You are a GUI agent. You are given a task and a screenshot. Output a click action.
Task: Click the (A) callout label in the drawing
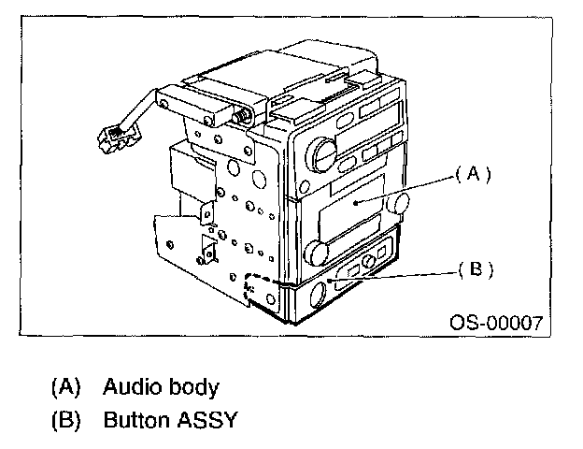pos(473,174)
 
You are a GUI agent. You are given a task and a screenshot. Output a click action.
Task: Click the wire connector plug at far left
pos(114,140)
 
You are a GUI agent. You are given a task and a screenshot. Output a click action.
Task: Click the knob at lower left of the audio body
pos(315,251)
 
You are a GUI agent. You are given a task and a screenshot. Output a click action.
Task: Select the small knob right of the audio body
pos(402,203)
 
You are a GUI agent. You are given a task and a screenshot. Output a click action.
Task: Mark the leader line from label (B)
pos(411,272)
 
